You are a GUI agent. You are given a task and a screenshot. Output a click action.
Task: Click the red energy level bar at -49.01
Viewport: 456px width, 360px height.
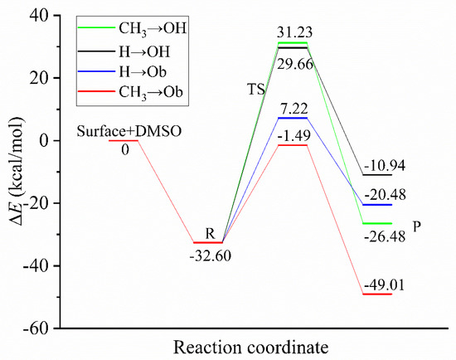pyautogui.click(x=377, y=294)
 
